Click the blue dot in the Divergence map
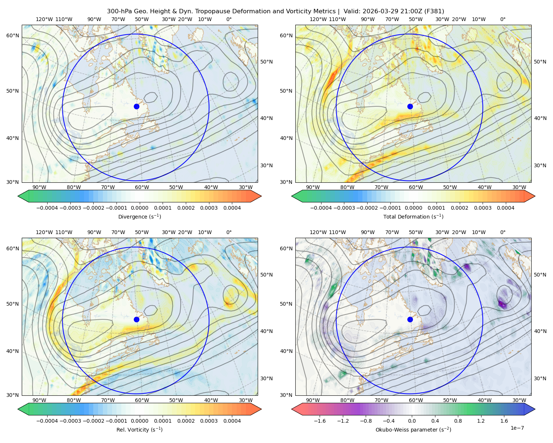click(136, 106)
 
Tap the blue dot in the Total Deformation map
click(410, 106)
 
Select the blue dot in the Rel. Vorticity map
click(136, 319)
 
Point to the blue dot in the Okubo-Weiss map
click(410, 319)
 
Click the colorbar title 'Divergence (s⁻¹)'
click(139, 216)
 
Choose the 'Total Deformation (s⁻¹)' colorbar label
click(413, 216)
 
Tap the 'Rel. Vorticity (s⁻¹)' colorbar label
click(139, 429)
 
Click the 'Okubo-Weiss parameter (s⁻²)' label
click(413, 429)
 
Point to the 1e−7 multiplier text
click(517, 428)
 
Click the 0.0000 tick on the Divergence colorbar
click(139, 208)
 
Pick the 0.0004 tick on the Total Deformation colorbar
click(505, 208)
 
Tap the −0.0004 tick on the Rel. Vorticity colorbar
click(47, 420)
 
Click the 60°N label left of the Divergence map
click(13, 35)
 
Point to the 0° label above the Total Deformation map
click(502, 19)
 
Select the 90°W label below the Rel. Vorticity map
click(39, 400)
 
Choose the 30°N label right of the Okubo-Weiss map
click(540, 378)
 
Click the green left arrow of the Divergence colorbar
click(23, 196)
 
